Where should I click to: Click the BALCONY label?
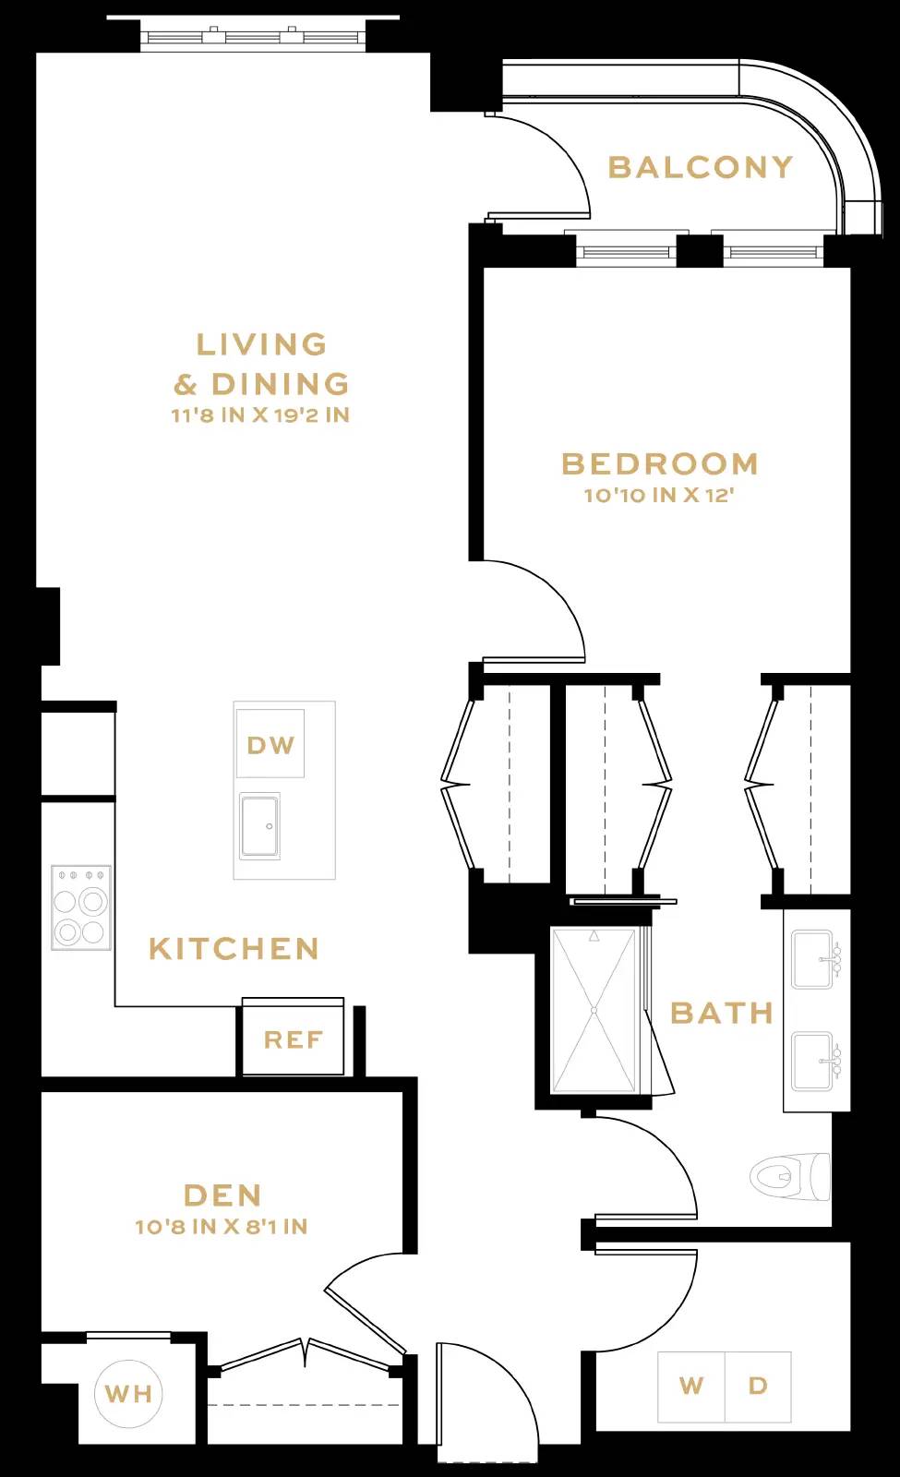point(700,167)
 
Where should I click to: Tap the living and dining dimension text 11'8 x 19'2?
point(260,415)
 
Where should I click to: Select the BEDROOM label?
point(659,463)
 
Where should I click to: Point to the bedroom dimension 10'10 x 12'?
point(659,496)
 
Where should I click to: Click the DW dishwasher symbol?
point(270,744)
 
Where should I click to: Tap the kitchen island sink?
point(259,825)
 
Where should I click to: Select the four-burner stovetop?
point(81,907)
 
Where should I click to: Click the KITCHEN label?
point(234,949)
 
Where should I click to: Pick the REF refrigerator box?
point(293,1040)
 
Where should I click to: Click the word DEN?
point(222,1195)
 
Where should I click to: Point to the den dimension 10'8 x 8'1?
point(222,1227)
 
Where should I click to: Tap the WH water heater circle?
point(129,1394)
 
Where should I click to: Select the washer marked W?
point(691,1387)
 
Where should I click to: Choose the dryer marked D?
point(758,1387)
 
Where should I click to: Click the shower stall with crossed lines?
point(594,1011)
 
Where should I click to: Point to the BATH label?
point(722,1013)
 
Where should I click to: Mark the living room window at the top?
point(254,38)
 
